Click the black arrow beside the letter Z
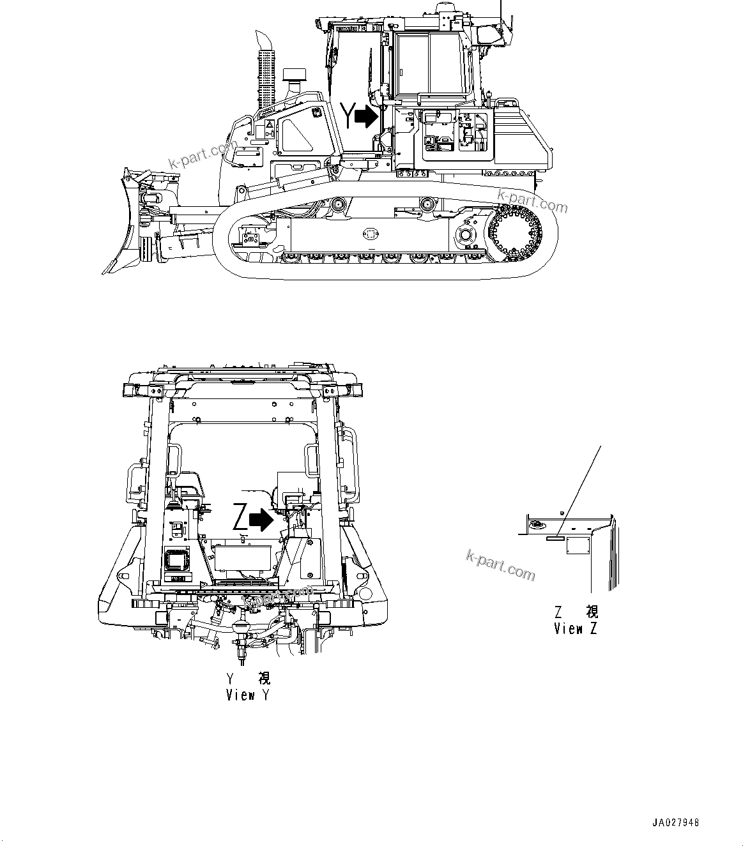(x=261, y=520)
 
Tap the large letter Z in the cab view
(x=240, y=518)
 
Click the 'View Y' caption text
(x=248, y=695)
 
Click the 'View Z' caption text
(x=576, y=629)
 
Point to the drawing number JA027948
(x=676, y=822)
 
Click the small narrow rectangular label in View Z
(x=555, y=538)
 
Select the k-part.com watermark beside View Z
(x=501, y=565)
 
